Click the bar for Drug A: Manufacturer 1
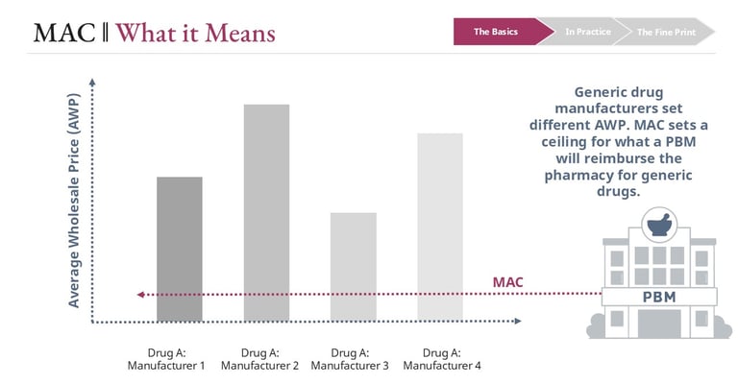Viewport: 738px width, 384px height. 180,249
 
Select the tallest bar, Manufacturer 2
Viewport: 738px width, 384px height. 266,212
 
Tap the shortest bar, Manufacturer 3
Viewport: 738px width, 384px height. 354,267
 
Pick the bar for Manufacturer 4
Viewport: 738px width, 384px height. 439,227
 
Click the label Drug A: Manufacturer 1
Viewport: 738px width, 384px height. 167,359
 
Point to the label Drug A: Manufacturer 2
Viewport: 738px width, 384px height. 259,359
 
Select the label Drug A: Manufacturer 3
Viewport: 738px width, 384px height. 350,359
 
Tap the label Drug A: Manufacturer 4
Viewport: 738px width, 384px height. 442,359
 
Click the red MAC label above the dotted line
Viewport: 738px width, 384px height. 508,281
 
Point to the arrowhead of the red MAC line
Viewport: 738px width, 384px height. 140,295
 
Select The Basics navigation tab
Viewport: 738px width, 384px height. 496,32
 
